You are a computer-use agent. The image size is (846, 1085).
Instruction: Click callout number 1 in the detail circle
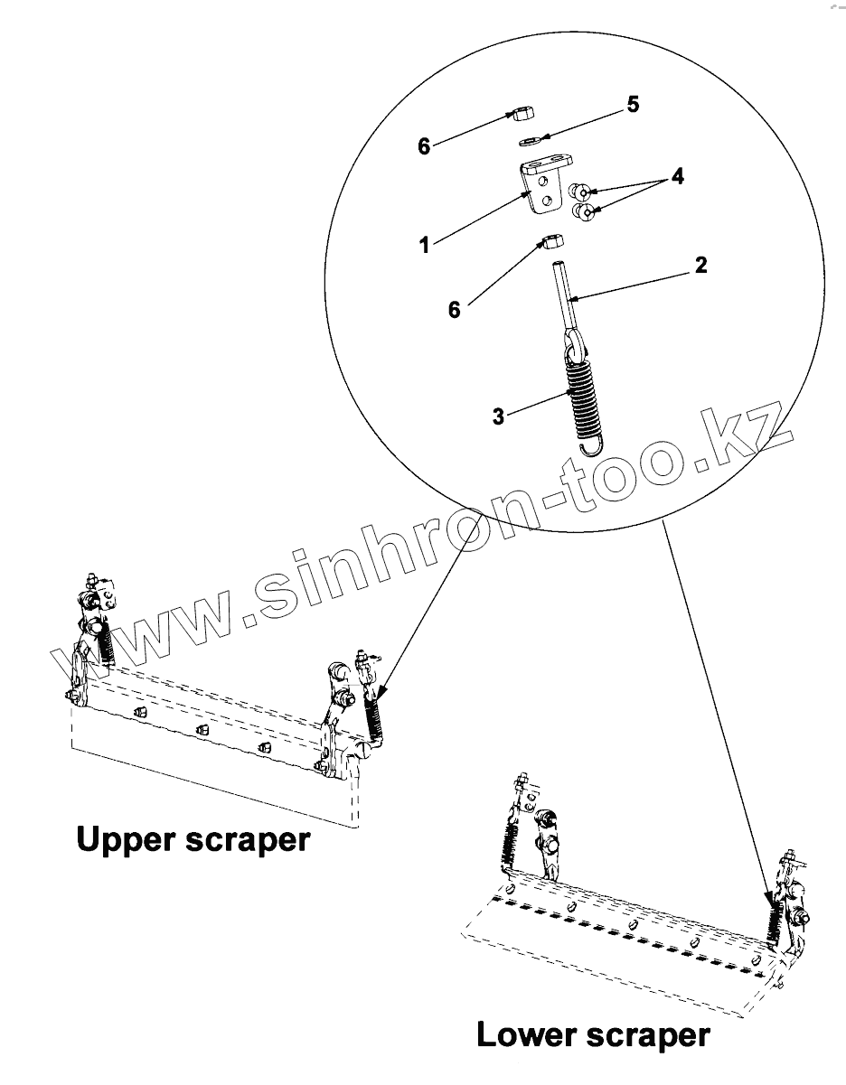pos(424,245)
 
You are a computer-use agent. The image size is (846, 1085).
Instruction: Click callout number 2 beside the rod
pos(700,266)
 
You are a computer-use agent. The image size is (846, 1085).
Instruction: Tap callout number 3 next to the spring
pos(499,417)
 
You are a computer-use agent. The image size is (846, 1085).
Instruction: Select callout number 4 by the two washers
pos(677,177)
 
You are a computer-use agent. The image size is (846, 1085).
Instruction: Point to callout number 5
pos(633,105)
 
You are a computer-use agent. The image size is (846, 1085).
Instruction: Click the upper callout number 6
pos(424,145)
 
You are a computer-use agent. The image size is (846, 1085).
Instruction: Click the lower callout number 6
pos(455,310)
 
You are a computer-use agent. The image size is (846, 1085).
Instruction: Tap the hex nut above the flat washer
pos(522,115)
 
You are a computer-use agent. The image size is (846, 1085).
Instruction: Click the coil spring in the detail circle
pos(583,393)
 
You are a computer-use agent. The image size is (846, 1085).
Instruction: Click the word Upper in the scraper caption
pos(127,840)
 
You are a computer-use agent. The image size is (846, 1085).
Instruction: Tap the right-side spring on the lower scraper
pos(774,921)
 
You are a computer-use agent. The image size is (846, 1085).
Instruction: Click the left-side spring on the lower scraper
pos(511,840)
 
